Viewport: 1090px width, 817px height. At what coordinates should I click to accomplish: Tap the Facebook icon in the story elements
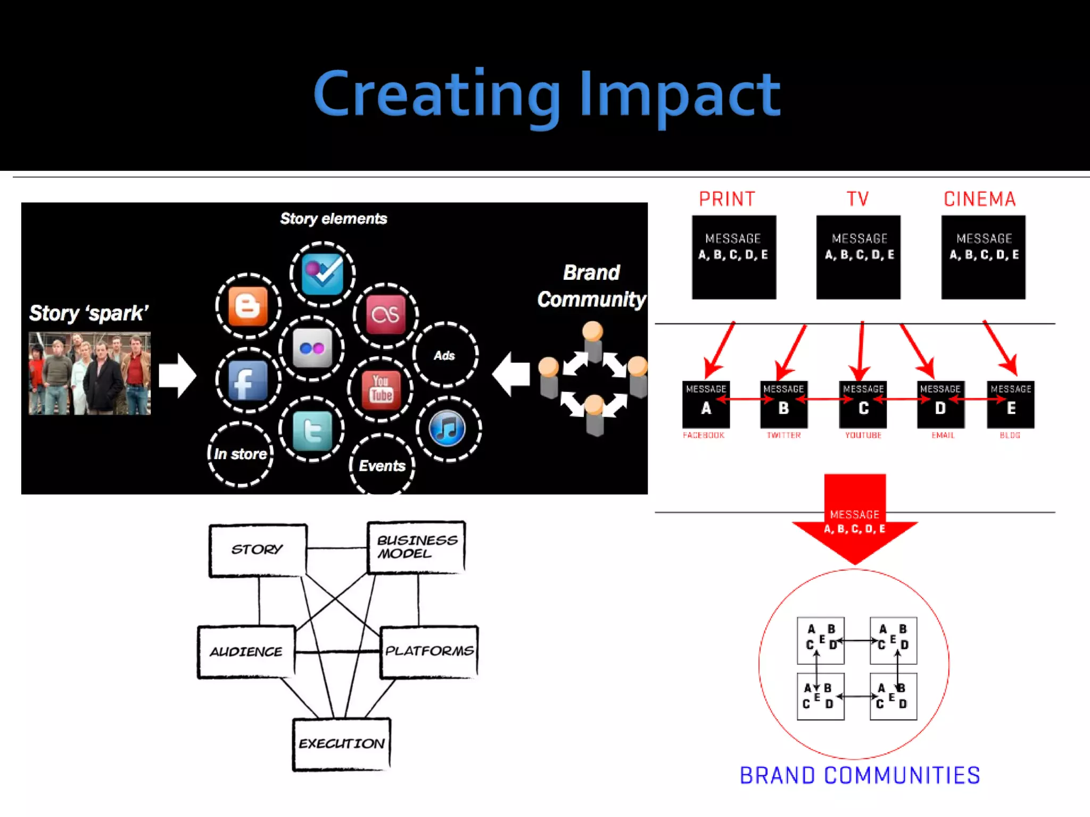(x=248, y=380)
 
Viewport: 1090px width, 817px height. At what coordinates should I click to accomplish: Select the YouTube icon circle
(x=381, y=389)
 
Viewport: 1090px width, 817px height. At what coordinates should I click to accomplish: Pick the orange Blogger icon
(x=248, y=306)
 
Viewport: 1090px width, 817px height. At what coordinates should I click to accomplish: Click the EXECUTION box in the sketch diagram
(x=342, y=744)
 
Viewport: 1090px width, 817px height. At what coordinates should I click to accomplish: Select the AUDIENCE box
(x=246, y=652)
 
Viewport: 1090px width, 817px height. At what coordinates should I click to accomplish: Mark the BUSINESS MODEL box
(x=417, y=547)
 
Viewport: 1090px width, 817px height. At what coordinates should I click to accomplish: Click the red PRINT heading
(x=727, y=199)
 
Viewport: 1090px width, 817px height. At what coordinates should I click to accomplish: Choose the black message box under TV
(x=858, y=257)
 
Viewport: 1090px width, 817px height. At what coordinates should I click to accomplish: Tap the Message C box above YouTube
(x=863, y=404)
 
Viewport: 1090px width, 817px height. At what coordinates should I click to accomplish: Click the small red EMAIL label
(x=943, y=435)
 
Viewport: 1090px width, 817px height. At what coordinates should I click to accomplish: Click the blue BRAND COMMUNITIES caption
(x=860, y=776)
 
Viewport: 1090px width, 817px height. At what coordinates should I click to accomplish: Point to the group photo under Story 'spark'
(x=89, y=373)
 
